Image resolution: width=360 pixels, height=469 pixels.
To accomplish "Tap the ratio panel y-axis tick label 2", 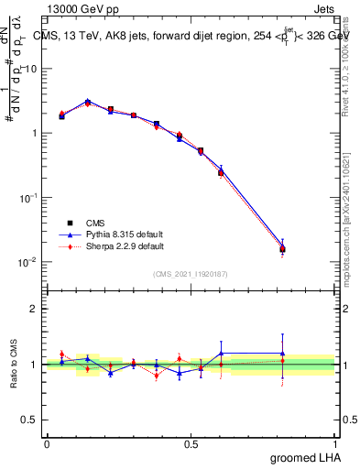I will click(x=34, y=309).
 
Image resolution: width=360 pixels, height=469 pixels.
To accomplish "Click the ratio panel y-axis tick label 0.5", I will click(x=30, y=420).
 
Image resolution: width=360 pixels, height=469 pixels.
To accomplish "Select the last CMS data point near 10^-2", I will click(x=282, y=248).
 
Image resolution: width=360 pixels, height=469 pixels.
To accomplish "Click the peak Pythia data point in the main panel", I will click(x=88, y=102).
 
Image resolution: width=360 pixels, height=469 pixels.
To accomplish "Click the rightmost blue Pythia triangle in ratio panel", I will click(x=282, y=353).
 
